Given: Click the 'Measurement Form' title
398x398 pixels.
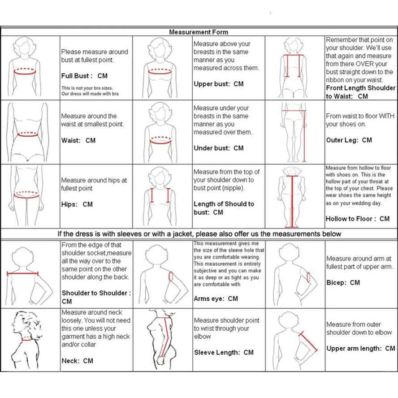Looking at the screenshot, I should click(199, 32).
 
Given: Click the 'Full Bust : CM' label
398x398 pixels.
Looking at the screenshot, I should click(84, 76).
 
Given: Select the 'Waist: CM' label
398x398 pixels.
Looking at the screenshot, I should click(78, 140).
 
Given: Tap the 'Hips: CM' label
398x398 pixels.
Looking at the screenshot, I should click(77, 204).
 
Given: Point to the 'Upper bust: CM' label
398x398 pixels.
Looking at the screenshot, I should click(219, 84).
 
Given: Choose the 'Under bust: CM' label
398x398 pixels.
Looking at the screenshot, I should click(219, 148).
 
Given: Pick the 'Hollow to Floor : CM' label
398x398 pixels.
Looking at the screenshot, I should click(358, 219).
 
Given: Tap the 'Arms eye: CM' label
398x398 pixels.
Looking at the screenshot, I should click(216, 298).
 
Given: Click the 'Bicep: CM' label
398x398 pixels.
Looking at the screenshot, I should click(343, 282).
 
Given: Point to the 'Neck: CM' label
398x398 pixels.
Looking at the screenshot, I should click(77, 360).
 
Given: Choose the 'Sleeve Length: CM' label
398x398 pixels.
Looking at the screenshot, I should click(224, 352).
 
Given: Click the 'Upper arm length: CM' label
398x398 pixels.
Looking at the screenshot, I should click(361, 348).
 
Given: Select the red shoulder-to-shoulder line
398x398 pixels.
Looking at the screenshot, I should click(22, 273).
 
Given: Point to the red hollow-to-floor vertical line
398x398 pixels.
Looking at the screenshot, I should click(292, 202).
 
